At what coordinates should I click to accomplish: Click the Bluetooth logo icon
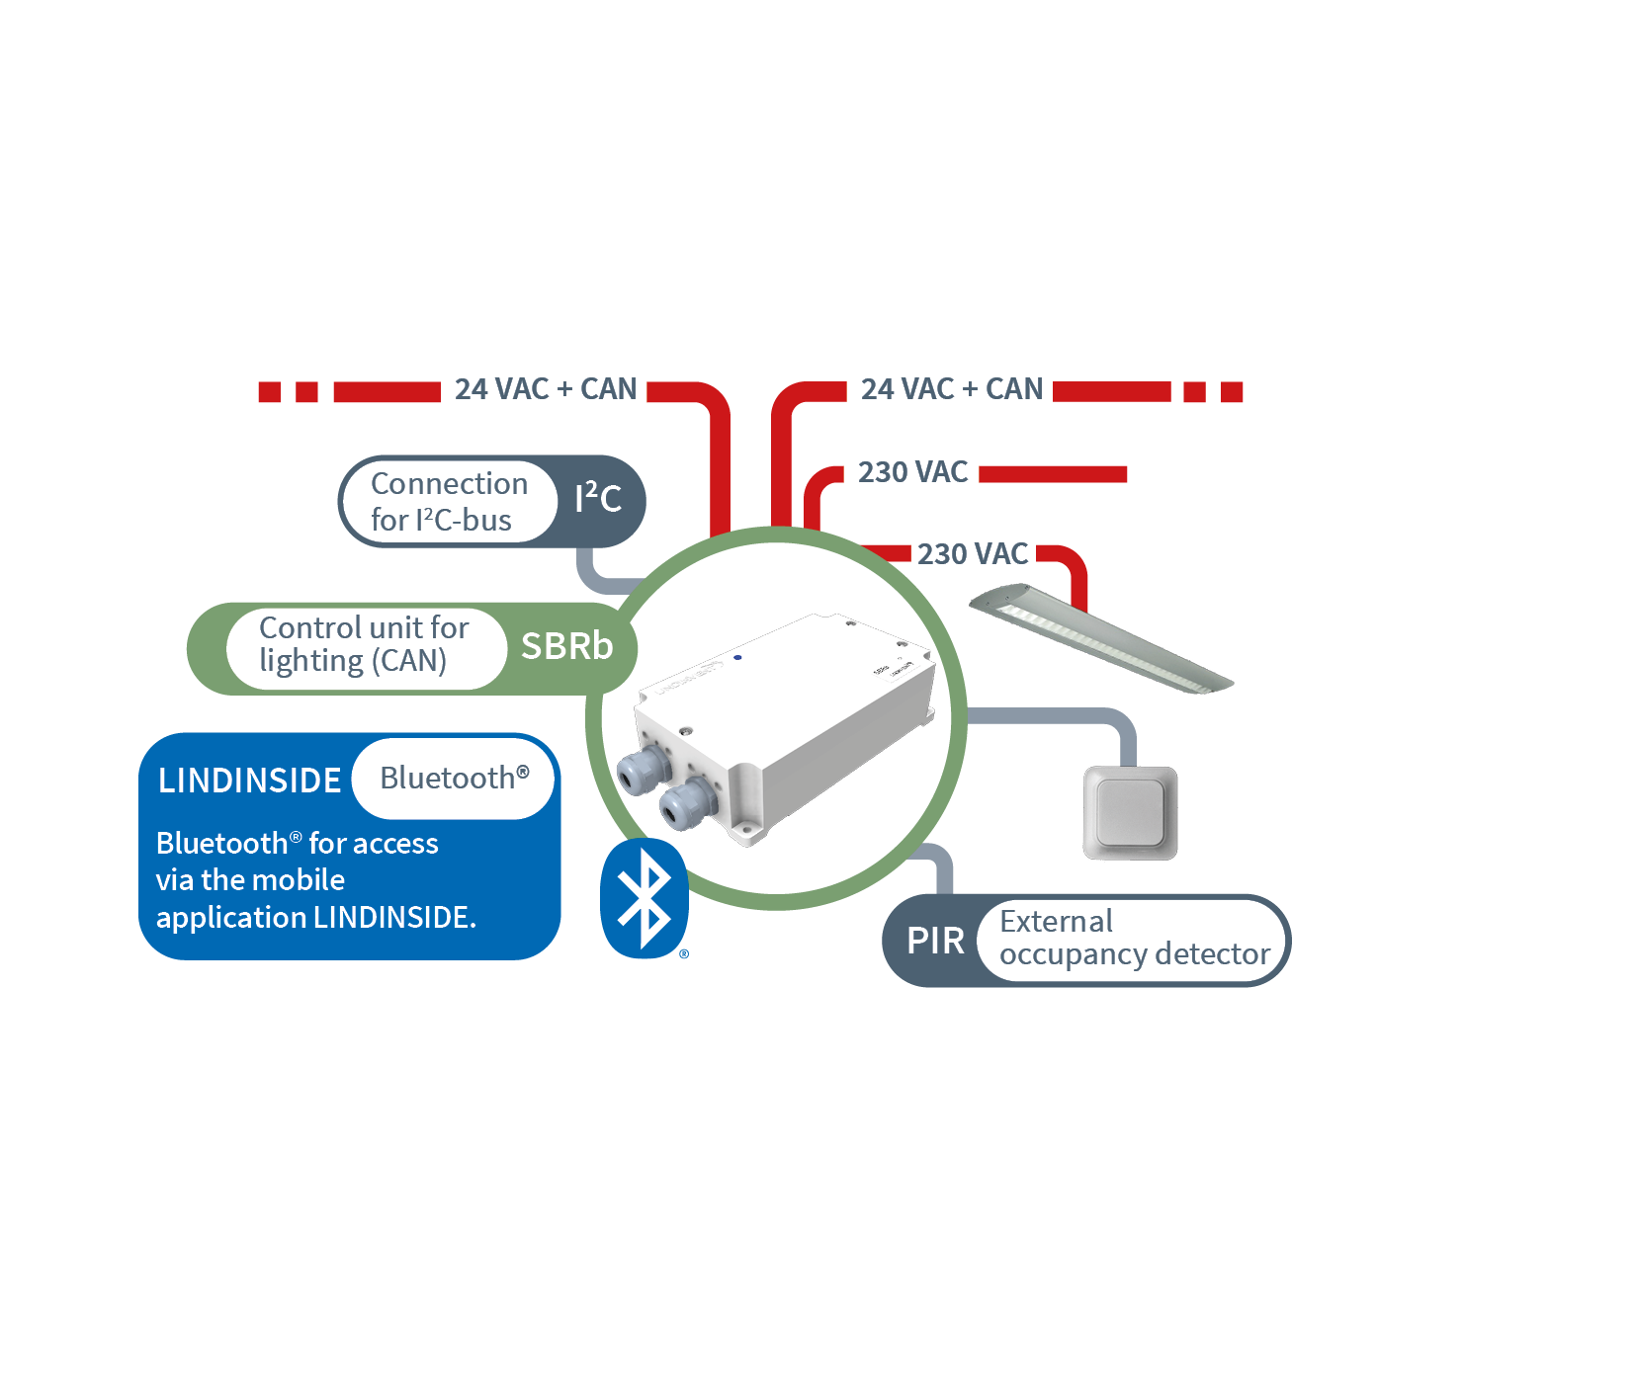[644, 898]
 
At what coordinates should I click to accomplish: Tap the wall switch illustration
[1130, 813]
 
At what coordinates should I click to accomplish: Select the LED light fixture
[1101, 638]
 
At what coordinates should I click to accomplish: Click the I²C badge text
[598, 498]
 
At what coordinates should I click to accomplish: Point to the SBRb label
[566, 646]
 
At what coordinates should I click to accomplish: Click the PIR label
[935, 941]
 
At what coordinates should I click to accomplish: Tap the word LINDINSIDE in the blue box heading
[249, 781]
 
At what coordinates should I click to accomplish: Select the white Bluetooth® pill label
[454, 779]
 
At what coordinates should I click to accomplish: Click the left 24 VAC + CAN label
[546, 389]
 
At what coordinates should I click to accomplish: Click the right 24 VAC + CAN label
[952, 389]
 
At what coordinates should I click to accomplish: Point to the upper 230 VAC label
[912, 472]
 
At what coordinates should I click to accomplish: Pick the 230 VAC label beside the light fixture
[973, 554]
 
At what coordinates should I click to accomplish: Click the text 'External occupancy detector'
[1134, 938]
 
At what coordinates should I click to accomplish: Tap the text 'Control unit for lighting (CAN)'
[363, 644]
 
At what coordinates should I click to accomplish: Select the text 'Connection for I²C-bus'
[449, 502]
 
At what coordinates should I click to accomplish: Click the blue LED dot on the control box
[737, 657]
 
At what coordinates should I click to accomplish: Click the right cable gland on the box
[687, 804]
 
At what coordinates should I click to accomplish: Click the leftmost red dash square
[270, 392]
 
